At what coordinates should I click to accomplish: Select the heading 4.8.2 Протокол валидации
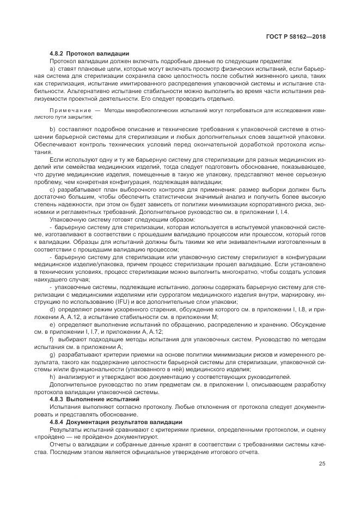pyautogui.click(x=89, y=54)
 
